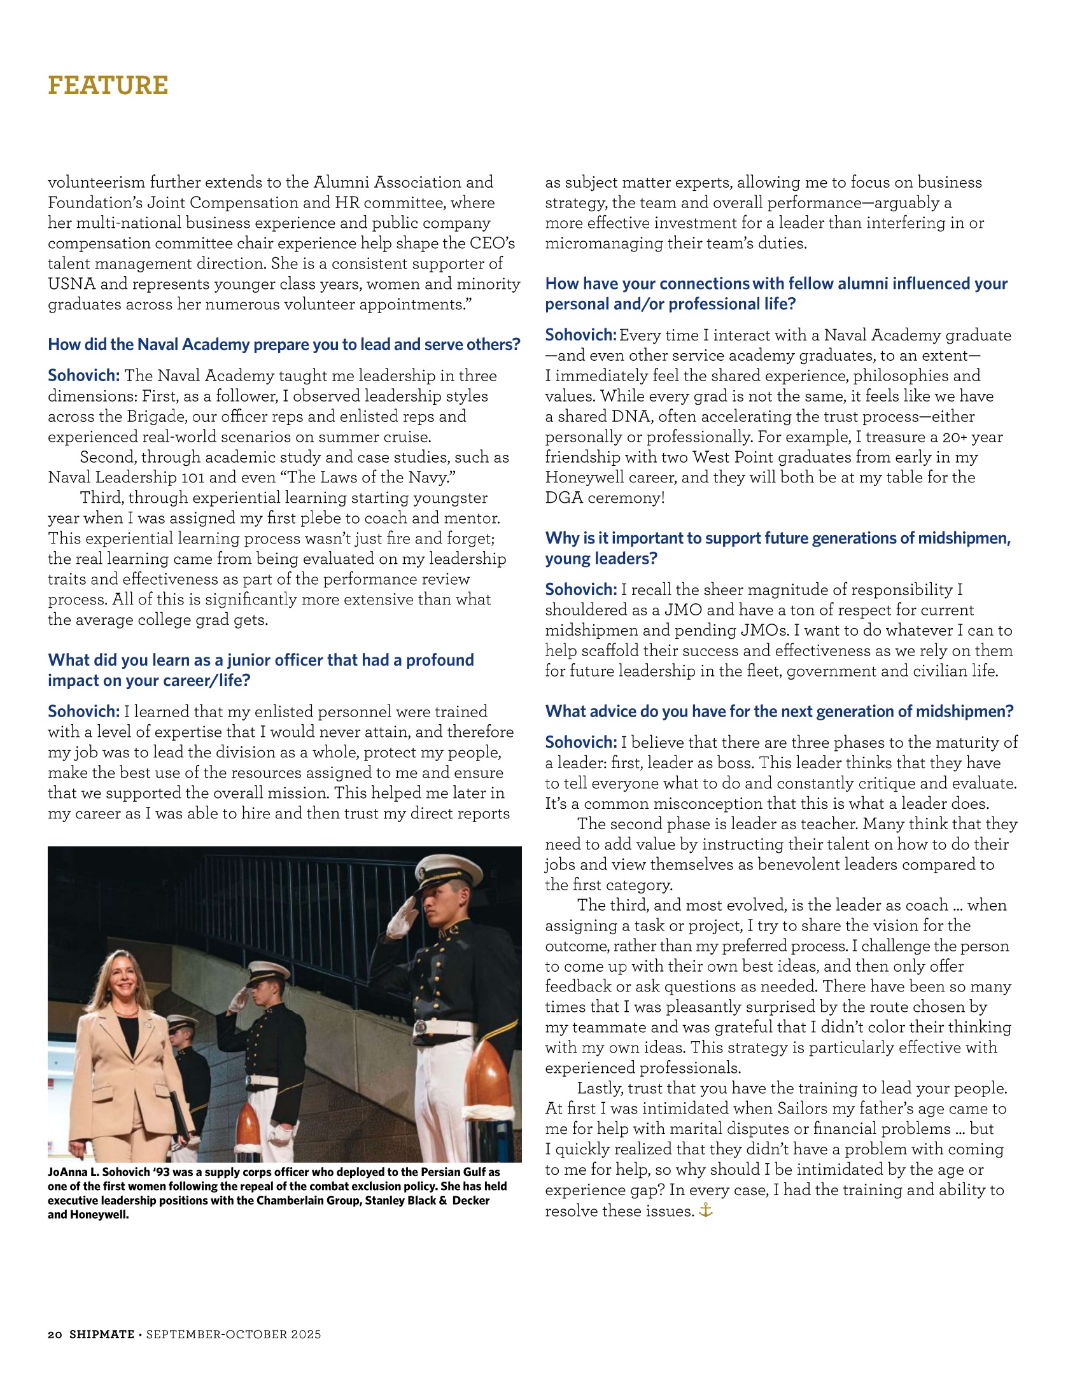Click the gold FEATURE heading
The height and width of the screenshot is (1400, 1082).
point(108,85)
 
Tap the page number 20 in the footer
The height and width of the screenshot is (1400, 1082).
point(55,1334)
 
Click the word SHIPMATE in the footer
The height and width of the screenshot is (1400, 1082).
point(102,1334)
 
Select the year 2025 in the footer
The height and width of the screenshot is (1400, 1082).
point(306,1334)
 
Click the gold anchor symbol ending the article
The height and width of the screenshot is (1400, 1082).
point(706,1210)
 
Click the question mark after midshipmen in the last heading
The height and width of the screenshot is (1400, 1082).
point(1010,711)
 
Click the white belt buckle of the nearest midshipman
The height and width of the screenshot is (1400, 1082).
point(421,1026)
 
